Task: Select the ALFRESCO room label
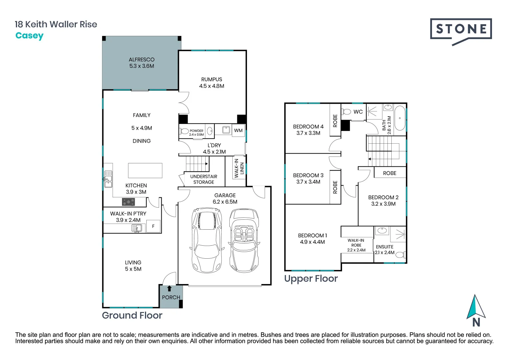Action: click(142, 60)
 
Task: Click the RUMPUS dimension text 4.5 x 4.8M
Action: click(212, 86)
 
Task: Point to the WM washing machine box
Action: click(238, 130)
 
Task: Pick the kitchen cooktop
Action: click(128, 202)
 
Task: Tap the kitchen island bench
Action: click(145, 170)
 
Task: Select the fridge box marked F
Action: click(153, 226)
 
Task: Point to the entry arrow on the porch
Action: click(169, 289)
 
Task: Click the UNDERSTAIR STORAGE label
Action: click(204, 179)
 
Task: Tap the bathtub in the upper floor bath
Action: click(400, 118)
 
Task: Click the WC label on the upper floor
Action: click(358, 112)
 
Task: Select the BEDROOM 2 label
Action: click(383, 197)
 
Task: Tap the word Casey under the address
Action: click(29, 36)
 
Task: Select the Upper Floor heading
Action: click(311, 279)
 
